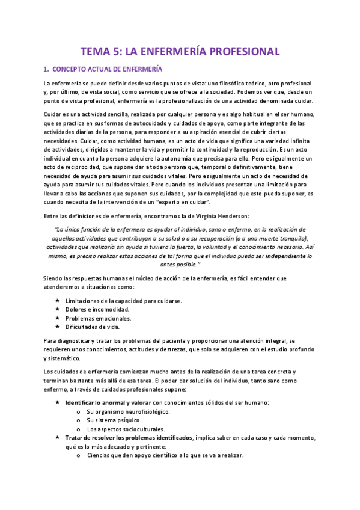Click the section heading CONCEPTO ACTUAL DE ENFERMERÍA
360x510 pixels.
107,69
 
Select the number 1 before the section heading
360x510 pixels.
46,69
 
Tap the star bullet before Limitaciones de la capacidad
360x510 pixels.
56,300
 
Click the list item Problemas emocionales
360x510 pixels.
99,318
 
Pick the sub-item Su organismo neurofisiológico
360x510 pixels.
128,411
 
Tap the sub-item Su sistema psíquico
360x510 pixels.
114,420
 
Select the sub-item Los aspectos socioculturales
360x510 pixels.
125,429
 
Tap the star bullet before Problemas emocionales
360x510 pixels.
56,318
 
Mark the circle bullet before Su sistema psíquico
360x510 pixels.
79,420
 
